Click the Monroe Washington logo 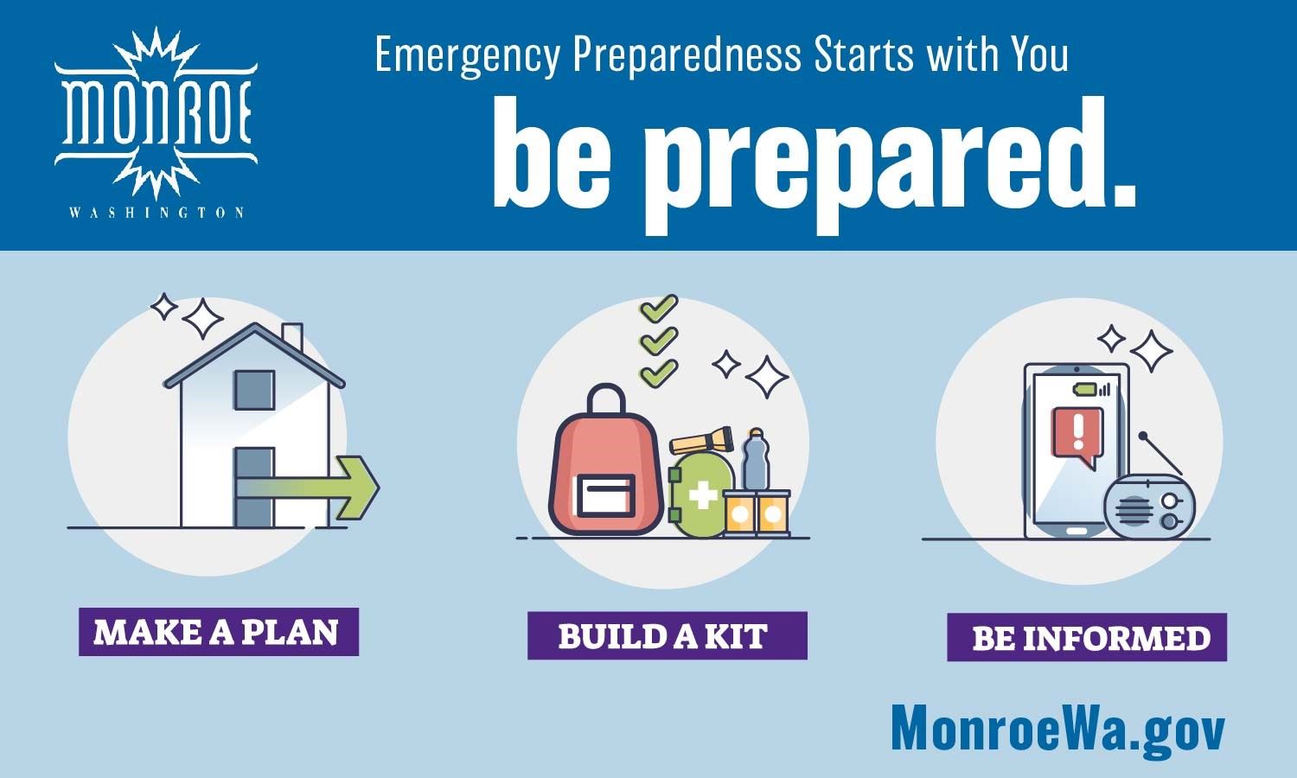(156, 123)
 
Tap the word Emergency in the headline (468, 55)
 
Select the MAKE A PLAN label (219, 632)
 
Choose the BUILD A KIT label (667, 635)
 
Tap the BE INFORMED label (1087, 637)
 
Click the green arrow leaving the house (308, 488)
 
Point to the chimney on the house (292, 336)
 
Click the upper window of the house (254, 390)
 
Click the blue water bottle (756, 460)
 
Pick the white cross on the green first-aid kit (703, 496)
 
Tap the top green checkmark (659, 309)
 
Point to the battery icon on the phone (1084, 390)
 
